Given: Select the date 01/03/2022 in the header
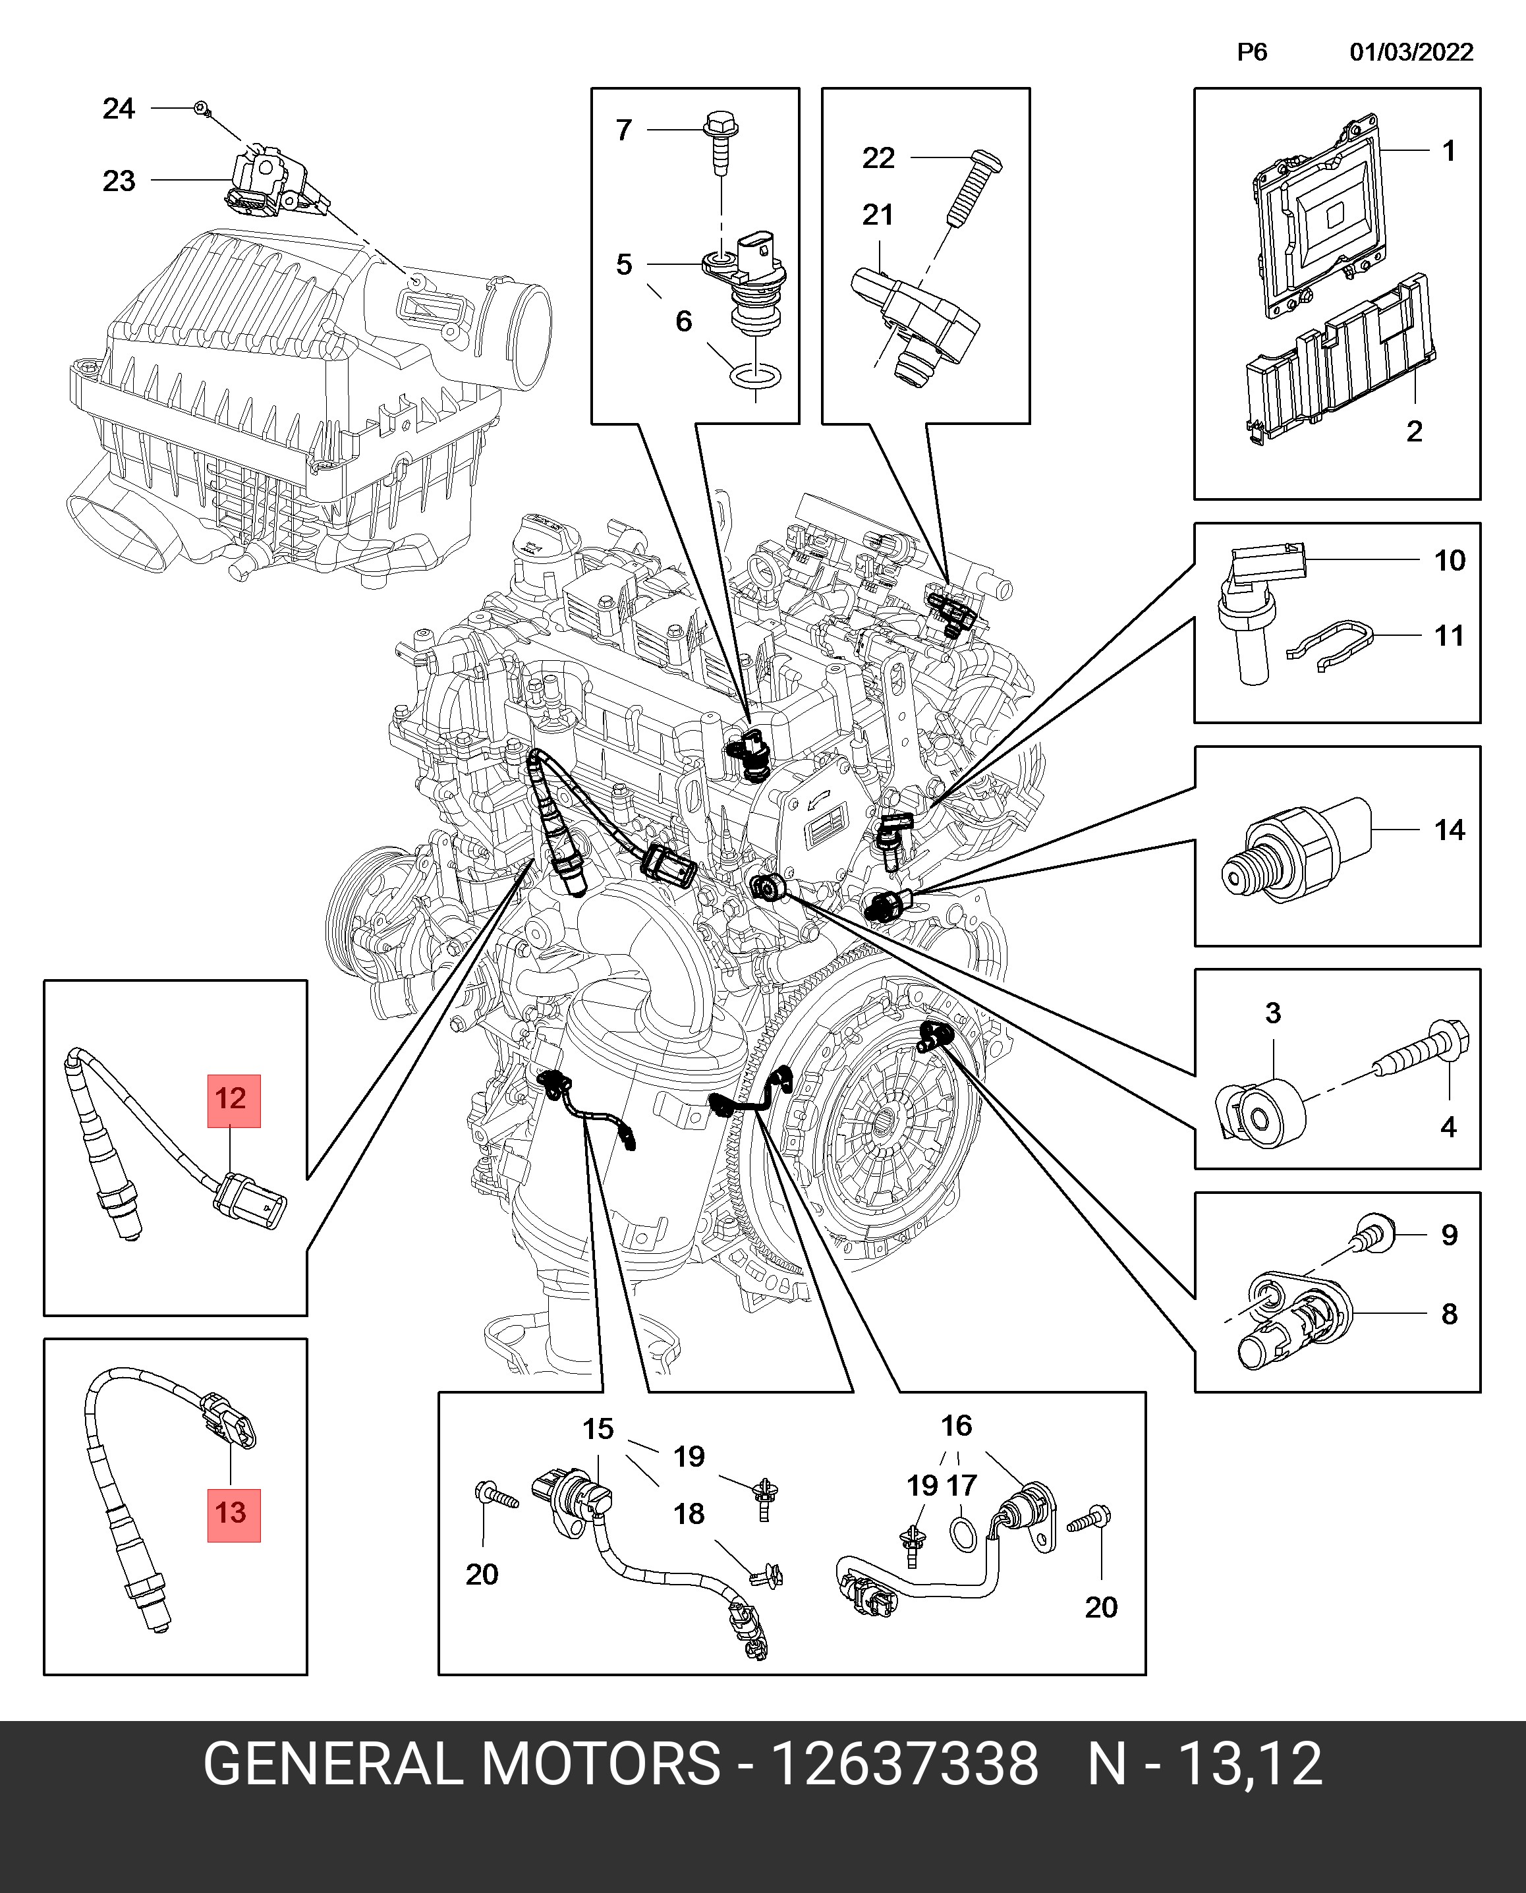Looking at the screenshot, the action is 1411,52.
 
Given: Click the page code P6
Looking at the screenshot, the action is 1252,52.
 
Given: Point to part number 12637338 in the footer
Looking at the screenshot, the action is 905,1763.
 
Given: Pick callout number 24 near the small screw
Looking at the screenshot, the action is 119,109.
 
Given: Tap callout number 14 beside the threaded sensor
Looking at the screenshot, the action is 1450,830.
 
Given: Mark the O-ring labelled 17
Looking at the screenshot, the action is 963,1533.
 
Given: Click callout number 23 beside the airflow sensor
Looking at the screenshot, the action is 119,181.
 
